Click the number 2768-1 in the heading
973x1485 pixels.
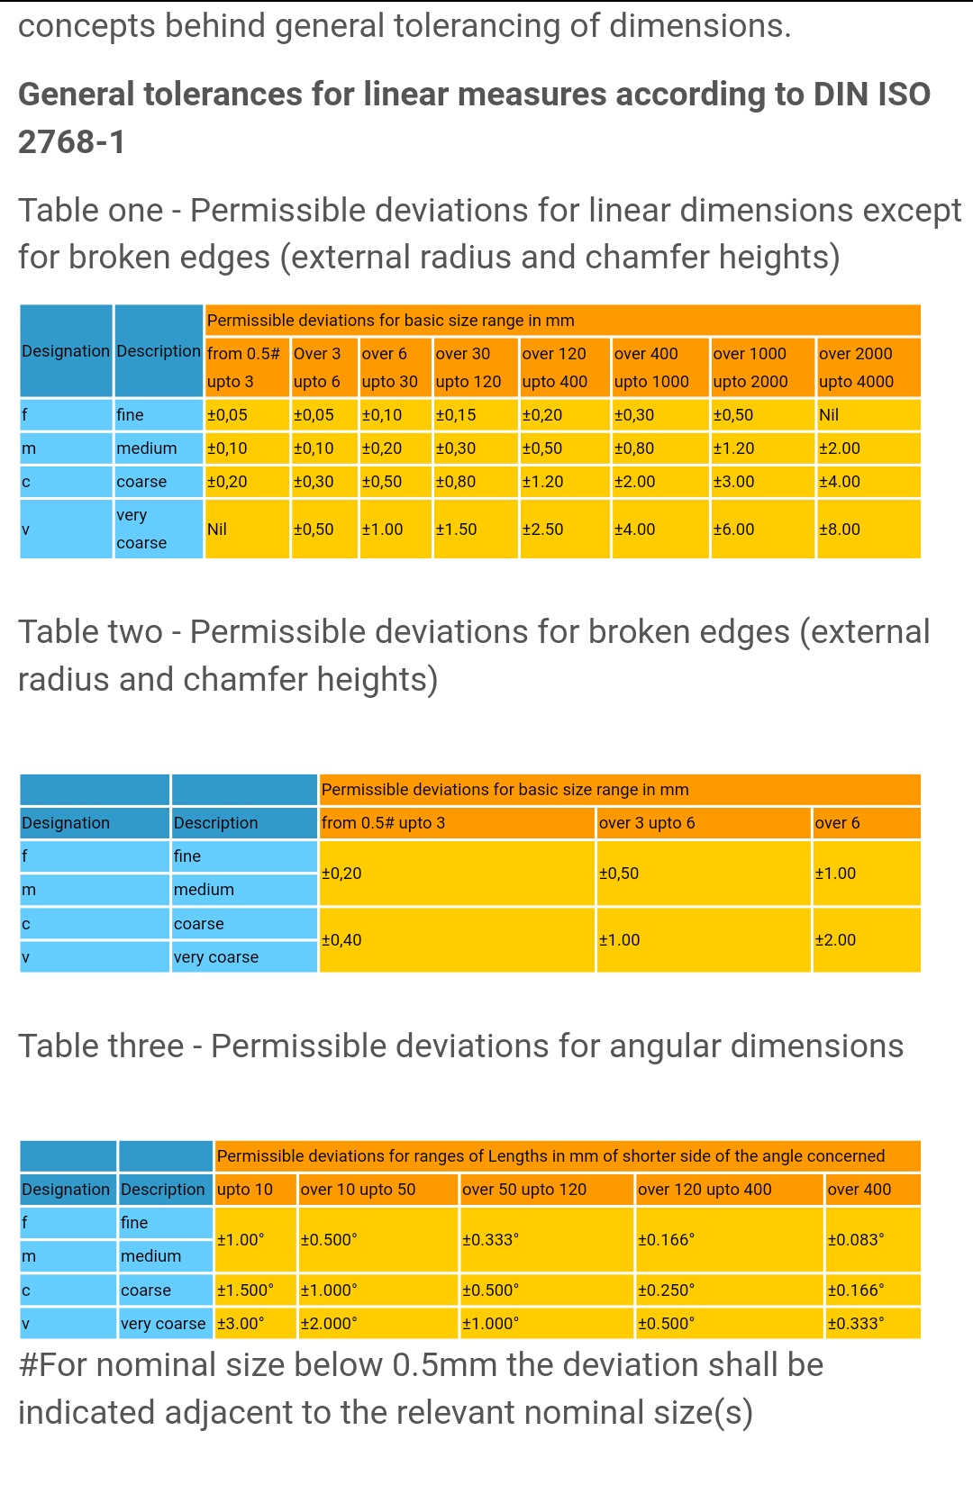pyautogui.click(x=72, y=142)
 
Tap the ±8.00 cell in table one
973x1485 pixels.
pyautogui.click(x=840, y=530)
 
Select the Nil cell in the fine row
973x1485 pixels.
pyautogui.click(x=829, y=415)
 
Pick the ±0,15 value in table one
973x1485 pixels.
pyautogui.click(x=456, y=415)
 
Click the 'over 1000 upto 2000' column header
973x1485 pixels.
pyautogui.click(x=750, y=367)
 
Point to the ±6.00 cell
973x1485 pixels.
pyautogui.click(x=733, y=530)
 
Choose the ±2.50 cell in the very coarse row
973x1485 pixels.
pyautogui.click(x=542, y=530)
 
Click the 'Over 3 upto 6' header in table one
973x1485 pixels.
pyautogui.click(x=317, y=367)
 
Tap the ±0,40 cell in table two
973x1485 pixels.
pyautogui.click(x=341, y=940)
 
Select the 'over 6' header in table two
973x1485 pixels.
pyautogui.click(x=837, y=823)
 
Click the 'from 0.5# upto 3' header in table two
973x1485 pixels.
pyautogui.click(x=383, y=823)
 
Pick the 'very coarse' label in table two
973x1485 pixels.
pyautogui.click(x=216, y=957)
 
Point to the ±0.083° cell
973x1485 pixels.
pyautogui.click(x=856, y=1240)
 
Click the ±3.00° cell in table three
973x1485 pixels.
pyautogui.click(x=241, y=1324)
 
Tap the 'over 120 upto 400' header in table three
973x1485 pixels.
pyautogui.click(x=705, y=1190)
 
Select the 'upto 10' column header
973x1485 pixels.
pyautogui.click(x=245, y=1190)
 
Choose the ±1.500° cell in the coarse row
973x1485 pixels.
pyautogui.click(x=245, y=1290)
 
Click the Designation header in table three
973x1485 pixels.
pyautogui.click(x=66, y=1190)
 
